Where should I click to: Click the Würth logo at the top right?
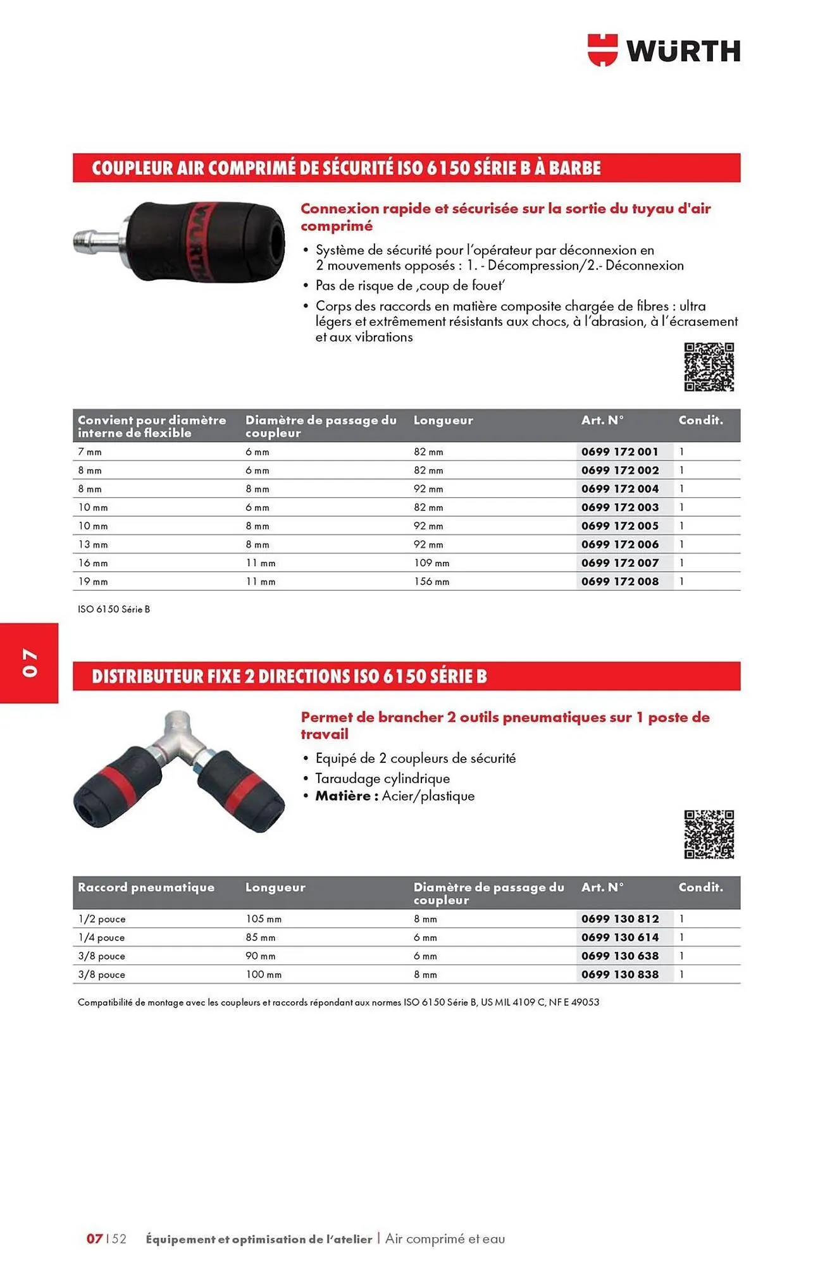664,50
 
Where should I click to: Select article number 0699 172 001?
620,452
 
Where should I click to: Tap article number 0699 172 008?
620,581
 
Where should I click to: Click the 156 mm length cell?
431,581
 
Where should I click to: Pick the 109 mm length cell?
431,563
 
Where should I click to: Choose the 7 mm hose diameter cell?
90,452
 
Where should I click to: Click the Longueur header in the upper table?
443,420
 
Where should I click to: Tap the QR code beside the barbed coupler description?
709,367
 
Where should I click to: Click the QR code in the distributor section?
709,834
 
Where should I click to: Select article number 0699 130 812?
620,918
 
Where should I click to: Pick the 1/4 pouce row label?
101,937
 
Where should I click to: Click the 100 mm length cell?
263,974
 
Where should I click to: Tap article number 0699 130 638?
620,956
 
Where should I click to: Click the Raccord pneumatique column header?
146,887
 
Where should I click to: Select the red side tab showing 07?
29,662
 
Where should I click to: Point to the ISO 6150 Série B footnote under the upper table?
114,609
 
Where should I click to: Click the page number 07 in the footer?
94,1238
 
